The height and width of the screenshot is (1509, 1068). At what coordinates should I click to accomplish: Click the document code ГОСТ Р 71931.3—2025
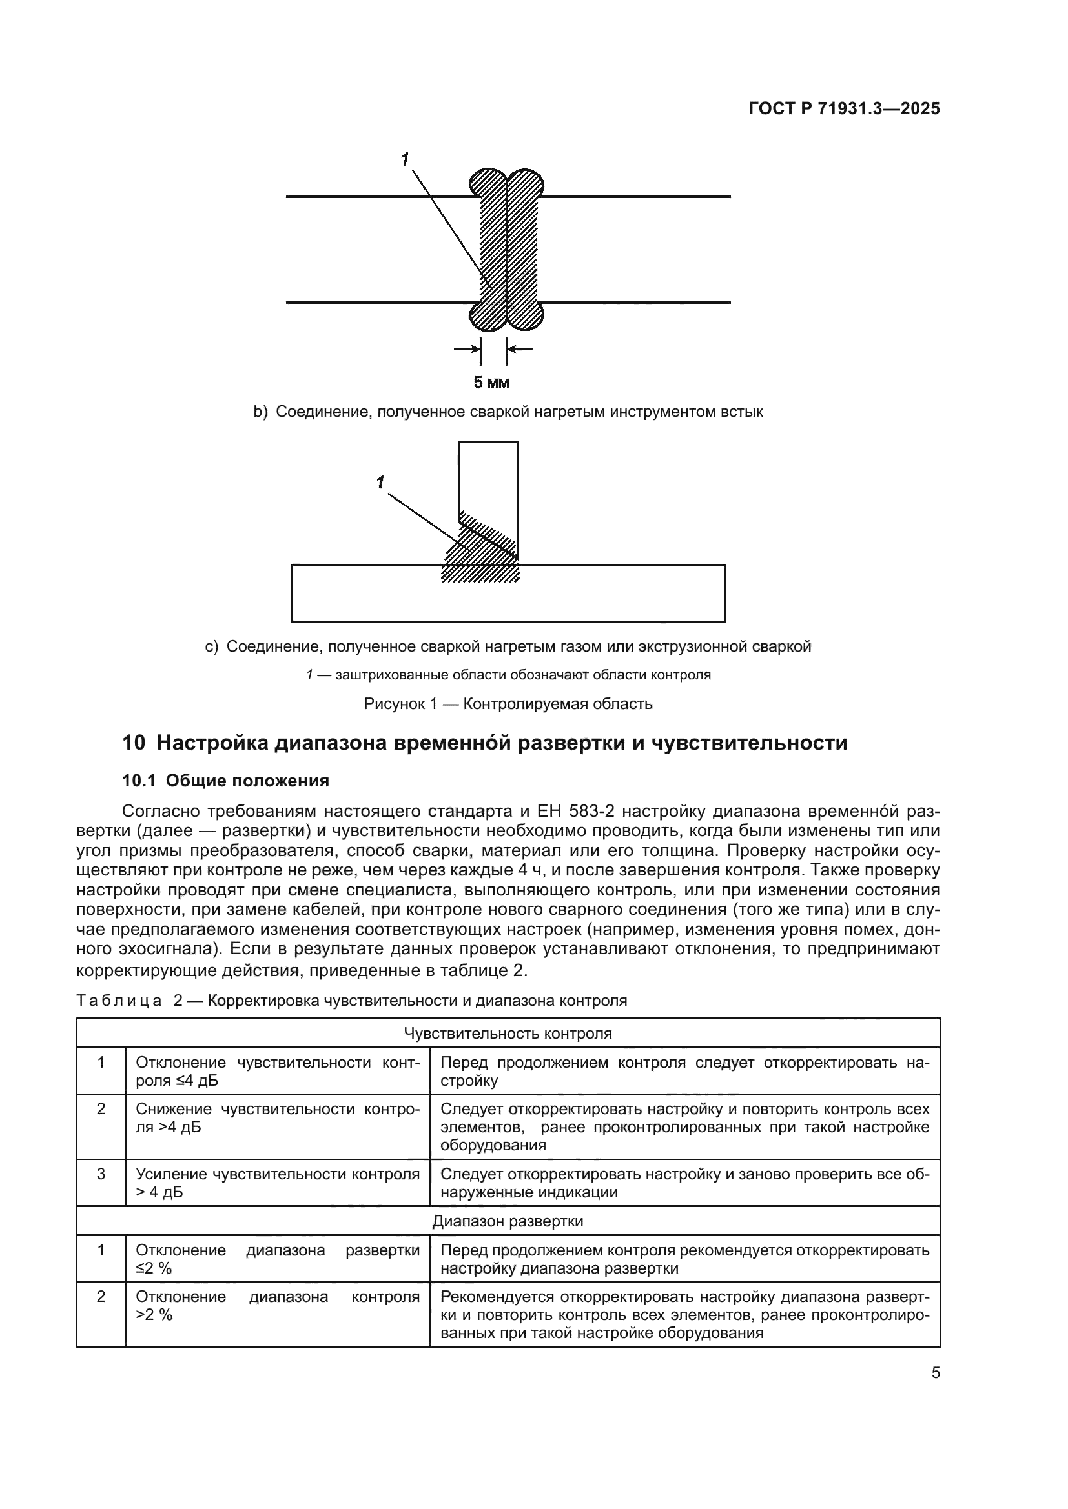tap(844, 108)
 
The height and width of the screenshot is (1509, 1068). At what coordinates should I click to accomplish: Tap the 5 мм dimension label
tap(491, 383)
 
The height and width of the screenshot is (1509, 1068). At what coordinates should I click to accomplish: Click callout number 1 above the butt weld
tap(405, 159)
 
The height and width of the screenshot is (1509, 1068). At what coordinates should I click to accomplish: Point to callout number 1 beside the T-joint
tap(380, 483)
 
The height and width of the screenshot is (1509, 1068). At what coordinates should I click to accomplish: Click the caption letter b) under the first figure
tap(260, 412)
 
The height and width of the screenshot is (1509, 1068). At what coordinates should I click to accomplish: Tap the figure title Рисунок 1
tap(400, 704)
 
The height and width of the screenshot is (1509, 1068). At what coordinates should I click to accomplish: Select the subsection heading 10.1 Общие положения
tap(225, 781)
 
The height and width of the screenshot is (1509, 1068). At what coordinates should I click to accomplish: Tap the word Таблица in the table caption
tap(119, 1001)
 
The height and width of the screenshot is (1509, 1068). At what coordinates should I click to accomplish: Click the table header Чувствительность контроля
tap(508, 1033)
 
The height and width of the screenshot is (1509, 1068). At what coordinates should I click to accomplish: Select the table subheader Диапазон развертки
tap(508, 1221)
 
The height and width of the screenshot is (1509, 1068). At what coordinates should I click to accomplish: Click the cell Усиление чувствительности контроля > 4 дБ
tap(277, 1183)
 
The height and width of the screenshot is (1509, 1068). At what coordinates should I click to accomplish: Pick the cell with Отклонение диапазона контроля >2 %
tap(277, 1306)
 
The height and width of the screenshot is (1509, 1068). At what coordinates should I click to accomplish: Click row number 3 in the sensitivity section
tap(101, 1174)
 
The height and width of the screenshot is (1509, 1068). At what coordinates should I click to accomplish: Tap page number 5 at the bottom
tap(935, 1373)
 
